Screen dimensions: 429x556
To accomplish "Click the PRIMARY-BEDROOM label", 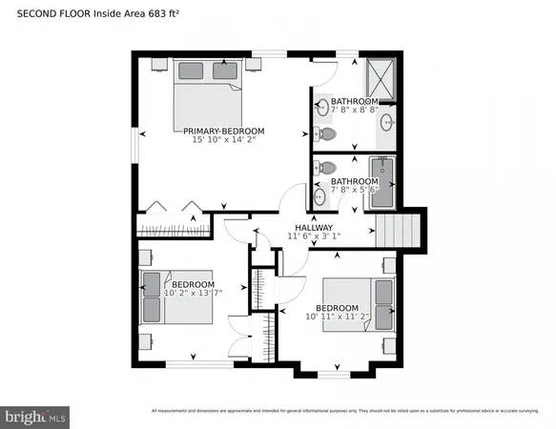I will tap(218, 131).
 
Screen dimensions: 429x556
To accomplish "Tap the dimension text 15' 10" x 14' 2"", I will tap(218, 141).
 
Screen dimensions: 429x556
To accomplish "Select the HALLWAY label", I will tap(313, 228).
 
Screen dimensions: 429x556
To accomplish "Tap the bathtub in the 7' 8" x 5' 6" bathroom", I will tap(385, 180).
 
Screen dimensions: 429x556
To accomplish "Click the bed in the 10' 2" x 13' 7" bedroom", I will tap(154, 296).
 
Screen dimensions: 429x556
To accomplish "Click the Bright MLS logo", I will tap(36, 416).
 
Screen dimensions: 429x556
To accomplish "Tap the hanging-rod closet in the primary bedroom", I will tap(172, 228).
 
